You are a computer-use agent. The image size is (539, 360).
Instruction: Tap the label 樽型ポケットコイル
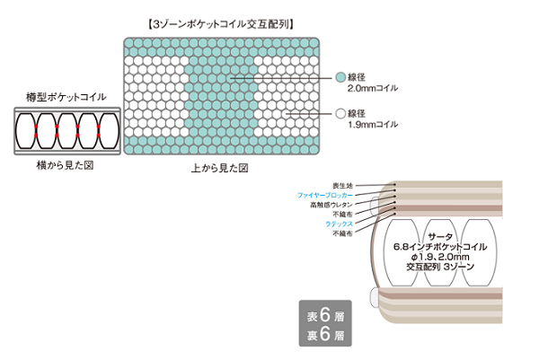(66, 97)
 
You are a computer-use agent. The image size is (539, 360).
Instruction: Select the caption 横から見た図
(65, 166)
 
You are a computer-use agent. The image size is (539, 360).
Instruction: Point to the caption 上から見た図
(219, 168)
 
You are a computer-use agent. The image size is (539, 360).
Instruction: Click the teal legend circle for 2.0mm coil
(340, 77)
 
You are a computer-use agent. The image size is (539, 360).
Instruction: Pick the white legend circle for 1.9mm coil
(340, 114)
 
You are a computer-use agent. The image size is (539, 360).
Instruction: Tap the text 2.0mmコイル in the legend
(372, 88)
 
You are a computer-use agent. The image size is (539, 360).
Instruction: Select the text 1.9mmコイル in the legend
(372, 125)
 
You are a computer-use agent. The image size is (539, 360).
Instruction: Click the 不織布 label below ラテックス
(342, 233)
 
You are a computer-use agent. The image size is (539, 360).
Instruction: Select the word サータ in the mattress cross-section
(439, 233)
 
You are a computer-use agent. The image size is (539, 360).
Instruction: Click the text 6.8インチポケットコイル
(440, 245)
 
